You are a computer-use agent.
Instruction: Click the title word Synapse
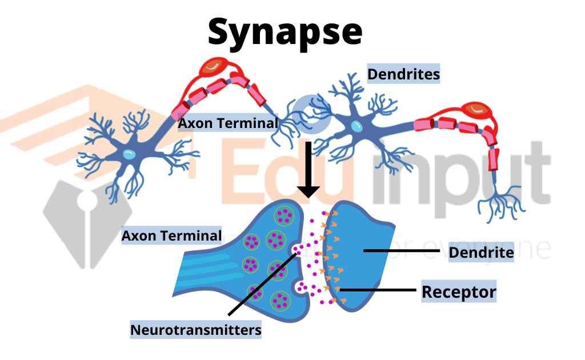(x=285, y=32)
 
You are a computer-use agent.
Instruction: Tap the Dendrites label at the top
(x=403, y=74)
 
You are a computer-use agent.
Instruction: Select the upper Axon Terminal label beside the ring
(x=227, y=123)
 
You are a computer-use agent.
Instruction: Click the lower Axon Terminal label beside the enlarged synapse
(x=171, y=235)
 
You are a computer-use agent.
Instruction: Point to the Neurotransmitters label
(x=196, y=330)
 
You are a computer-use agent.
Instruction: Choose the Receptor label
(x=459, y=292)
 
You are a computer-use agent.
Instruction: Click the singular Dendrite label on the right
(x=481, y=252)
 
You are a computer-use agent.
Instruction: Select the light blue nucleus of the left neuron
(x=130, y=153)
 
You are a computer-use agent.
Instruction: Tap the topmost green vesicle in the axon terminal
(x=284, y=217)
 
